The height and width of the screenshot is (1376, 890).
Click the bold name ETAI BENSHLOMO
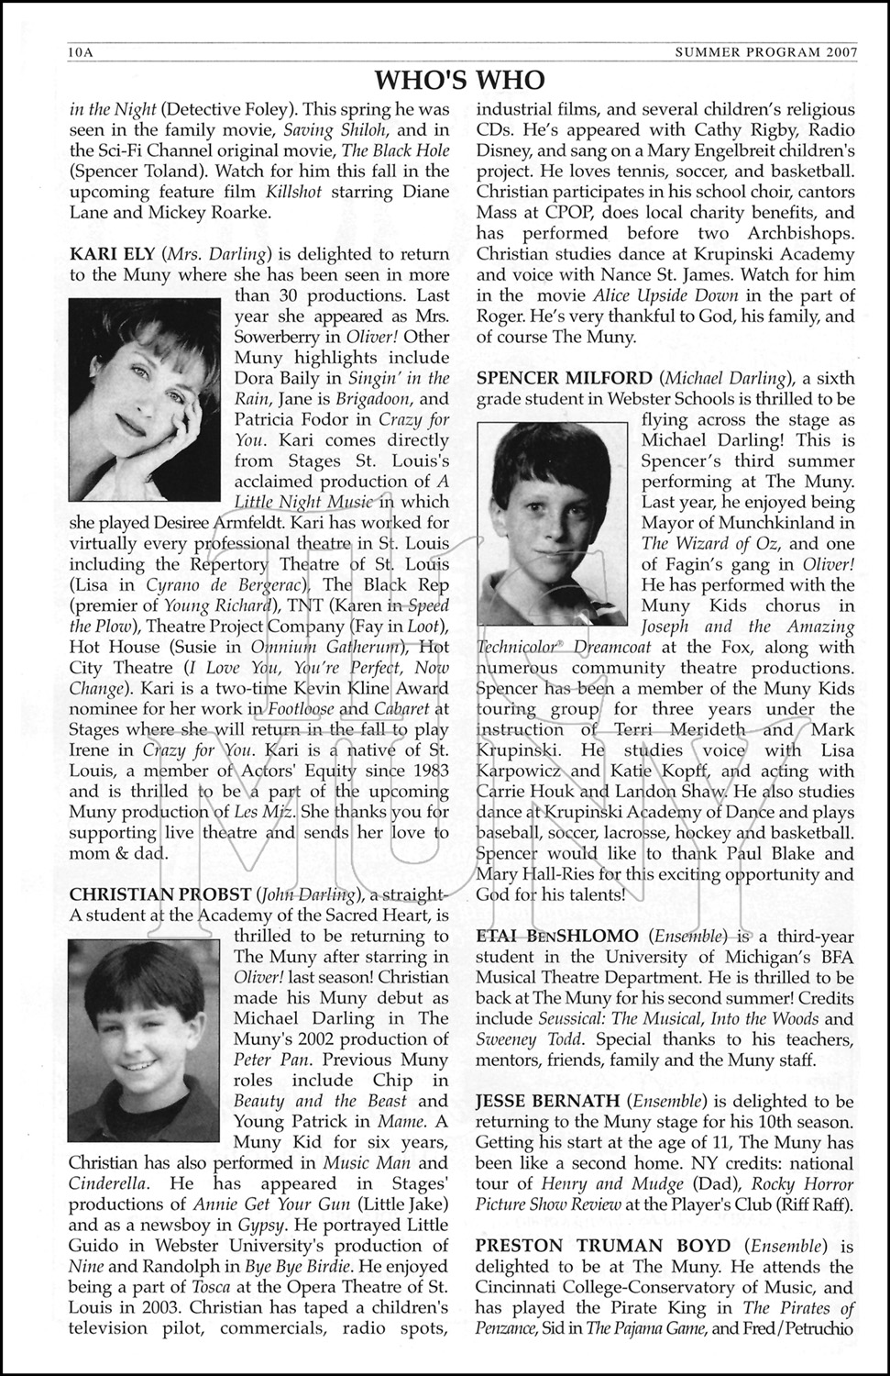(x=557, y=936)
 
